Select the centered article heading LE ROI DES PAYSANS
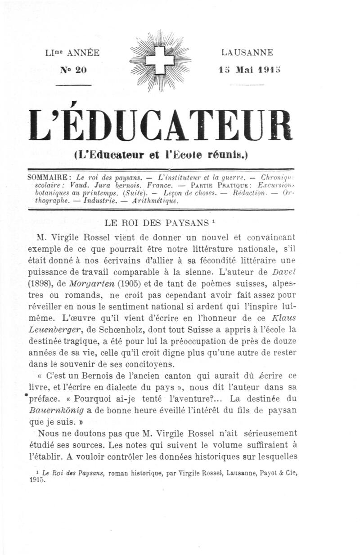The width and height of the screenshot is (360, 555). (156, 223)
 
